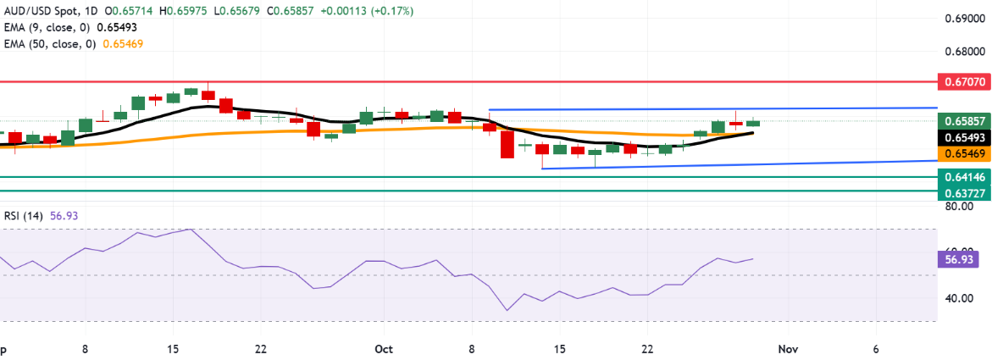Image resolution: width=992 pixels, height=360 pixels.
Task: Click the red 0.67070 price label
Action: pyautogui.click(x=962, y=83)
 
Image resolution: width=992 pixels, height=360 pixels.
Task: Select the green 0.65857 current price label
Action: pyautogui.click(x=962, y=121)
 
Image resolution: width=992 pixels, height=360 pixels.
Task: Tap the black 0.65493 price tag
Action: pyautogui.click(x=962, y=137)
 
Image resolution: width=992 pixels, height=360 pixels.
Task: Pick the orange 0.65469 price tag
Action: pyautogui.click(x=962, y=153)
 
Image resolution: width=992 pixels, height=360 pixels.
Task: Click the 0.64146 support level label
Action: pyautogui.click(x=962, y=177)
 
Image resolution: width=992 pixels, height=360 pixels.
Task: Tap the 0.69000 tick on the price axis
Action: pyautogui.click(x=962, y=19)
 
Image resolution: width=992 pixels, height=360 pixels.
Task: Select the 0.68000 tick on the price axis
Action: pyautogui.click(x=962, y=51)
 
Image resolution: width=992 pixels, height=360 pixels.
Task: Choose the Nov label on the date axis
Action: pyautogui.click(x=788, y=349)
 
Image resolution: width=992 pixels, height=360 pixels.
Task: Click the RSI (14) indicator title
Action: pyautogui.click(x=23, y=216)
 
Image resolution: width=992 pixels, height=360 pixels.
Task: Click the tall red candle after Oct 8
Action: pyautogui.click(x=507, y=144)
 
